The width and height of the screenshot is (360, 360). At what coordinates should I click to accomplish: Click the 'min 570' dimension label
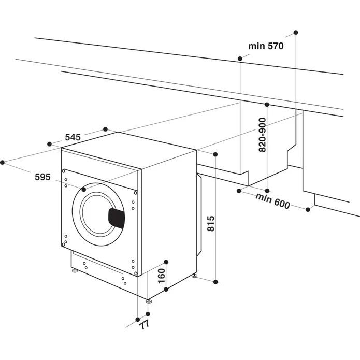(x=266, y=46)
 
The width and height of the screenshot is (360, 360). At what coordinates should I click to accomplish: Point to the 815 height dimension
(x=210, y=224)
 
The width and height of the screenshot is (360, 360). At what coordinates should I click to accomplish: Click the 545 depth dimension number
(x=73, y=137)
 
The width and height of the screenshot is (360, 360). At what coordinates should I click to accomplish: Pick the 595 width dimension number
(x=42, y=177)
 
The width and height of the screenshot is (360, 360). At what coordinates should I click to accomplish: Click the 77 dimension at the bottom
(x=144, y=325)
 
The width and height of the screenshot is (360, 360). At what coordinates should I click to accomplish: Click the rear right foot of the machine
(x=194, y=277)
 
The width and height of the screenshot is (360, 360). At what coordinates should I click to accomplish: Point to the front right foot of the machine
(x=149, y=300)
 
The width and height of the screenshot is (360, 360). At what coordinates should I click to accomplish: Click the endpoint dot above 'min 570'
(x=296, y=33)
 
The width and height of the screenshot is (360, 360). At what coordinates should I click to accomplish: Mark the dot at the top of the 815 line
(x=216, y=154)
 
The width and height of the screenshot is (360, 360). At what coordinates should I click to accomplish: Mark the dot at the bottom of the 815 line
(x=217, y=282)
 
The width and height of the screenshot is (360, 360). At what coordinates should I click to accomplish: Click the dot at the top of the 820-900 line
(x=267, y=105)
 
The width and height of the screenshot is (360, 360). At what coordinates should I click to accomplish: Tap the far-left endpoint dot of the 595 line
(x=3, y=162)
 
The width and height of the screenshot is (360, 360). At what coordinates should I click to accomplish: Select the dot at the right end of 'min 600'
(x=308, y=209)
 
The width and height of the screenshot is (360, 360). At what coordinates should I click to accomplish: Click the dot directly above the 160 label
(x=166, y=261)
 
